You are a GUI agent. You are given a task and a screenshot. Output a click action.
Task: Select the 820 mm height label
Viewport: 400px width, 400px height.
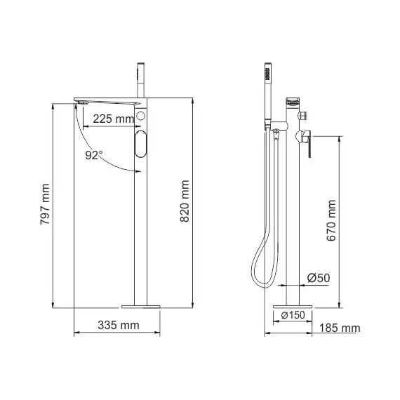click(x=185, y=204)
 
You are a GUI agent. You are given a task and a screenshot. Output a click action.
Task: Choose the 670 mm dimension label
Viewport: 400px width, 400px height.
click(x=332, y=220)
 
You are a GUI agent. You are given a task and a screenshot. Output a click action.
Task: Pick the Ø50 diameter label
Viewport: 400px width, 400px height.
click(x=319, y=279)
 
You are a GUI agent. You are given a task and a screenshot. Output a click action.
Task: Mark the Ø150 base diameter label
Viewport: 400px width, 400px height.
click(x=293, y=315)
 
